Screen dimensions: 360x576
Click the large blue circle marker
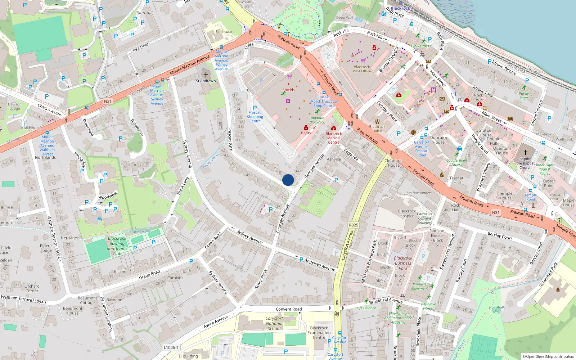[x=288, y=180]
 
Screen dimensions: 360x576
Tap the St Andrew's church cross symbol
[x=206, y=75]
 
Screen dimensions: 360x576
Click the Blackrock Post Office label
[x=362, y=69]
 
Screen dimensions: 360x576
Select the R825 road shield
[x=354, y=225]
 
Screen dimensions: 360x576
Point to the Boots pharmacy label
[x=306, y=133]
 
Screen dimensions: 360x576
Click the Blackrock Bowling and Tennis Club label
[x=117, y=246]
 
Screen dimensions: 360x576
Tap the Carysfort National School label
[x=274, y=323]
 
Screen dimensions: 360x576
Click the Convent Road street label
[x=289, y=309]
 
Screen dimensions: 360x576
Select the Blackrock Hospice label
[x=407, y=213]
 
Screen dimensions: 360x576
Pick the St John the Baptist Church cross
[x=525, y=153]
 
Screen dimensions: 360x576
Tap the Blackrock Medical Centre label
[x=334, y=138]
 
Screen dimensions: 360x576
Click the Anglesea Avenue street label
[x=320, y=265]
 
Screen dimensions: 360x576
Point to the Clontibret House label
[x=393, y=163]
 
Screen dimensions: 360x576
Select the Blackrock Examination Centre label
[x=319, y=333]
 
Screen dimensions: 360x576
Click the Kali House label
[x=31, y=128]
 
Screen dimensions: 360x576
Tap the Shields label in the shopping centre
[x=288, y=90]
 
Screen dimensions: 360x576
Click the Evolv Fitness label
[x=420, y=46]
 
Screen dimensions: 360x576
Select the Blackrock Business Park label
[x=403, y=263]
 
